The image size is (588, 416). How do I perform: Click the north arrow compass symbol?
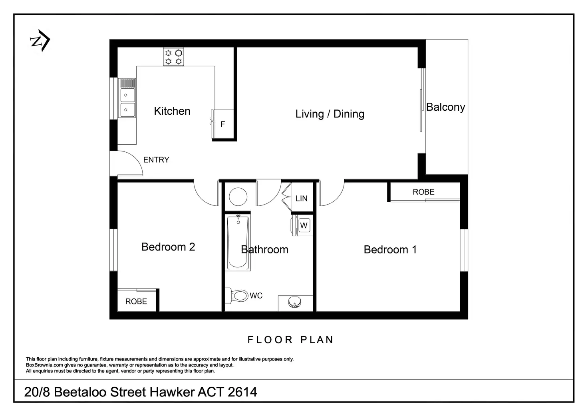coord(40,40)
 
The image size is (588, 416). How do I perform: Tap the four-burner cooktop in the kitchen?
coord(173,57)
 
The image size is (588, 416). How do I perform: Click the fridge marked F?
coord(223,124)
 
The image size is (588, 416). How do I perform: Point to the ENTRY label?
coord(156,160)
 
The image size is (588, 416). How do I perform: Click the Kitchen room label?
coord(172,111)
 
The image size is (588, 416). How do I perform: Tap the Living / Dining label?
coord(330,114)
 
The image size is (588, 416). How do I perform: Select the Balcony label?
coord(445,107)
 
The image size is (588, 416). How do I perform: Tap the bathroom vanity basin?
coord(295,303)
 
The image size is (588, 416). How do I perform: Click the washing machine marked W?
coord(304,225)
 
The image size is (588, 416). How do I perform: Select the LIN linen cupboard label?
coord(301,198)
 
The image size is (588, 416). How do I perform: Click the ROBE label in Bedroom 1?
coord(423,192)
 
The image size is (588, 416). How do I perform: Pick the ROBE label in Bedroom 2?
coord(136,301)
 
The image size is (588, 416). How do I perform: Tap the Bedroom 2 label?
coord(168,247)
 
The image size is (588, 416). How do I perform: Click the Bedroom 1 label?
coord(390,250)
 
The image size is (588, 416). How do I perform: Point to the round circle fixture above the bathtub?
coord(238,197)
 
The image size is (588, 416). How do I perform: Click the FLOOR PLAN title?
coord(290,340)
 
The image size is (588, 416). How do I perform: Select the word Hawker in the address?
coord(172,392)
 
